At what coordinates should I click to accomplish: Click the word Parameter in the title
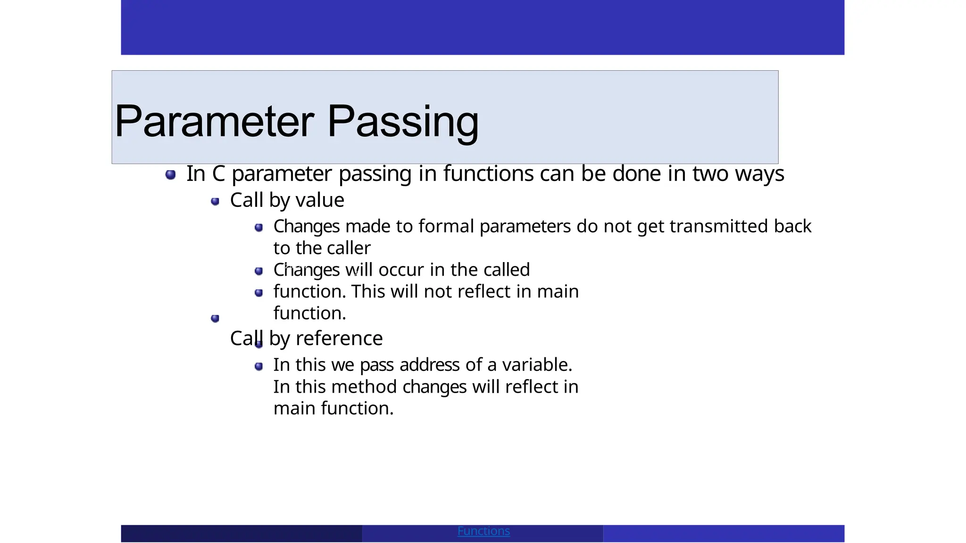click(x=214, y=122)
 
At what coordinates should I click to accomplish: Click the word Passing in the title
click(x=403, y=122)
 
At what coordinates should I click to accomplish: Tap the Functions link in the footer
click(x=483, y=531)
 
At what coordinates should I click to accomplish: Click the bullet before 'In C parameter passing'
click(x=171, y=175)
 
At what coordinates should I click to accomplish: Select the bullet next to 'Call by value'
click(x=215, y=202)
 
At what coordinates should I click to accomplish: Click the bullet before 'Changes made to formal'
click(x=258, y=228)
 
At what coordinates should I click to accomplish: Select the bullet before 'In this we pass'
click(x=258, y=366)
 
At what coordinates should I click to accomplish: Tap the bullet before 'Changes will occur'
click(x=258, y=271)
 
